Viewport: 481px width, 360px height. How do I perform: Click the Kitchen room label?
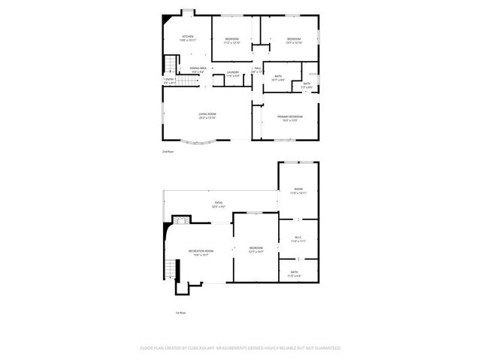point(187,38)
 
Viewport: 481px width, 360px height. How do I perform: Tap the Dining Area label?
point(198,68)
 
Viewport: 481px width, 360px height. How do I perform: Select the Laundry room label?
point(233,72)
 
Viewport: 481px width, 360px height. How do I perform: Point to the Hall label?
point(257,69)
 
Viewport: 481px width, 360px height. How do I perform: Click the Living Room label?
point(207,115)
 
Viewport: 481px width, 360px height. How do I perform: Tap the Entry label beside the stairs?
point(170,80)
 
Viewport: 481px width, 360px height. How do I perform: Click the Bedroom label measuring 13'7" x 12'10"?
point(294,40)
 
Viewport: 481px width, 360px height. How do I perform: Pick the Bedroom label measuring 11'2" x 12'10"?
point(231,40)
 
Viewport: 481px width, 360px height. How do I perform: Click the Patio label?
point(218,204)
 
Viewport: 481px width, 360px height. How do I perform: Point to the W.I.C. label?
point(298,238)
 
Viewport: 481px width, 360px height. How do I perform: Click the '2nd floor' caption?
point(168,152)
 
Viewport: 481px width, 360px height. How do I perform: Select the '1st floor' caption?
point(181,313)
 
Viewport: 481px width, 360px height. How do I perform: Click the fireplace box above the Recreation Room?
point(179,220)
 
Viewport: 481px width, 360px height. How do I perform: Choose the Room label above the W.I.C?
point(298,189)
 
